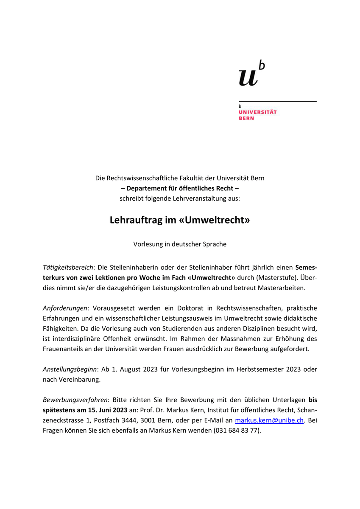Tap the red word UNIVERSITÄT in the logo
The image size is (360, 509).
(257, 112)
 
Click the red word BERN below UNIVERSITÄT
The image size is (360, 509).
(246, 118)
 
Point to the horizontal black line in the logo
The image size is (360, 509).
(277, 101)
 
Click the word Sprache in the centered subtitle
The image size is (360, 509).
(213, 244)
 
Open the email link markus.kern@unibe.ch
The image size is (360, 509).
(269, 420)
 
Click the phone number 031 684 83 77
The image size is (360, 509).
(237, 430)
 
